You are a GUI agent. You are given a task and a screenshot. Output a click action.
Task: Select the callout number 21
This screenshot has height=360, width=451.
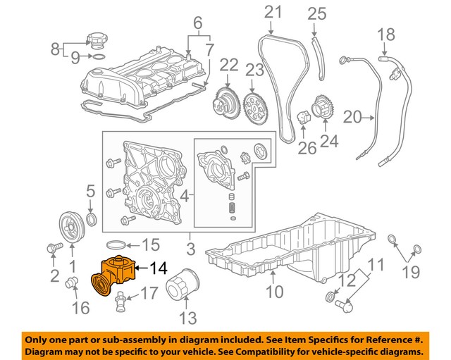(272, 12)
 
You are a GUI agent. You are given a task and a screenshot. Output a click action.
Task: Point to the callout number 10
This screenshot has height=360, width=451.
(273, 291)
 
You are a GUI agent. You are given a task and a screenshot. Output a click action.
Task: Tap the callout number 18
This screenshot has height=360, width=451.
(385, 34)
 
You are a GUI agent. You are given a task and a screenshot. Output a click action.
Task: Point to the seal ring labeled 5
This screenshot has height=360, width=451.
(91, 215)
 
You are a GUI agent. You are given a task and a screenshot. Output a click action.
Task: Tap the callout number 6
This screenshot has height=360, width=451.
(197, 22)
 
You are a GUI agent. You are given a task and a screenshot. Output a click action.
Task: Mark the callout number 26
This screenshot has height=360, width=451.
(307, 149)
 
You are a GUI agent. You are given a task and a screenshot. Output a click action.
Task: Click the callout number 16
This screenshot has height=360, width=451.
(80, 308)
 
